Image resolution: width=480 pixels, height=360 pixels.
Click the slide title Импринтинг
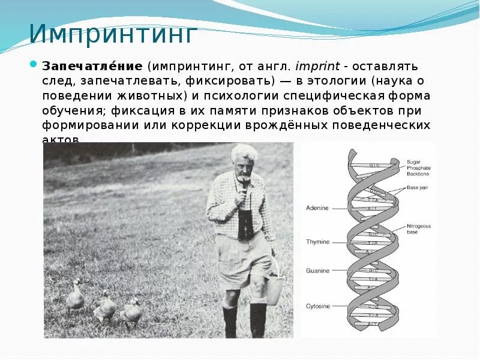click(x=113, y=34)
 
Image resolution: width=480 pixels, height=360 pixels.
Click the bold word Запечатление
click(x=91, y=65)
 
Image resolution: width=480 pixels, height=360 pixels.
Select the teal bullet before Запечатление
click(x=34, y=65)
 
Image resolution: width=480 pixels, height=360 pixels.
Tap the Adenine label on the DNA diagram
click(x=317, y=208)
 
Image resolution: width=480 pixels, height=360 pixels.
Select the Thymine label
click(x=317, y=242)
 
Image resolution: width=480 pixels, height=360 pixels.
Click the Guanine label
click(x=317, y=271)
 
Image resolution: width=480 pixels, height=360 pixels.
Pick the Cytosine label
click(x=317, y=306)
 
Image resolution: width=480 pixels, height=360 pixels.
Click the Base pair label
click(x=420, y=188)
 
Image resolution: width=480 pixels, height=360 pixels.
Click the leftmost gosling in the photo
click(x=74, y=296)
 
